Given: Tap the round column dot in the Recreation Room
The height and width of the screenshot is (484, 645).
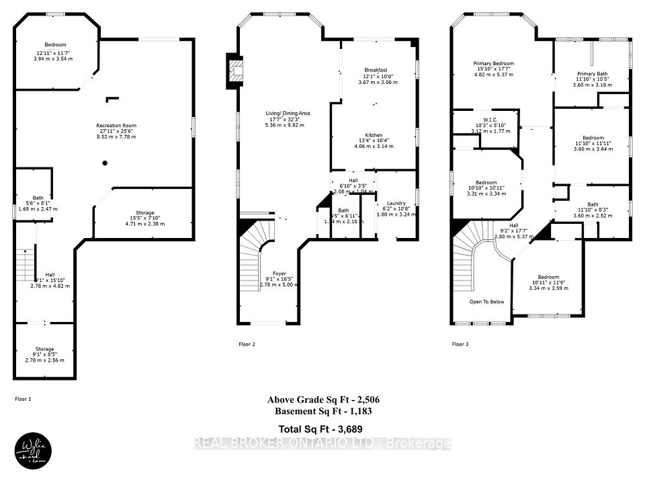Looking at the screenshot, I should point(105,163).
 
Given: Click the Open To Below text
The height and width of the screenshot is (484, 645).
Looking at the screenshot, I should point(486,302).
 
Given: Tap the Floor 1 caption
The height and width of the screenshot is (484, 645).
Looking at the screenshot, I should point(24,399).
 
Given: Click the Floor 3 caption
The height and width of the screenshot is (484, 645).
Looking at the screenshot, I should point(460,344).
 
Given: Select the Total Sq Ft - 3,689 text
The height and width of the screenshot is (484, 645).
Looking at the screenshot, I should point(323,428).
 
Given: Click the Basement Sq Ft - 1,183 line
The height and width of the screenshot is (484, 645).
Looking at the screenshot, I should point(323,411).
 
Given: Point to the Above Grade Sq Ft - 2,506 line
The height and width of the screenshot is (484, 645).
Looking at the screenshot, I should point(323,400).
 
